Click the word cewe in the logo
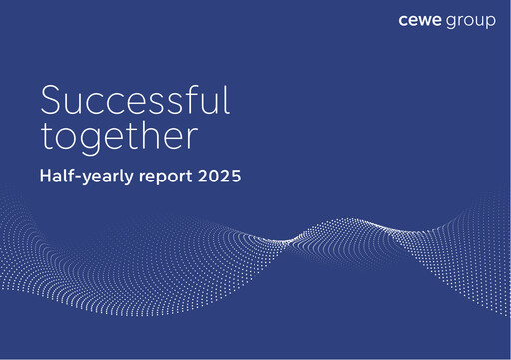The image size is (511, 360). click(420, 21)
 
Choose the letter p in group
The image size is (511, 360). click(489, 23)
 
